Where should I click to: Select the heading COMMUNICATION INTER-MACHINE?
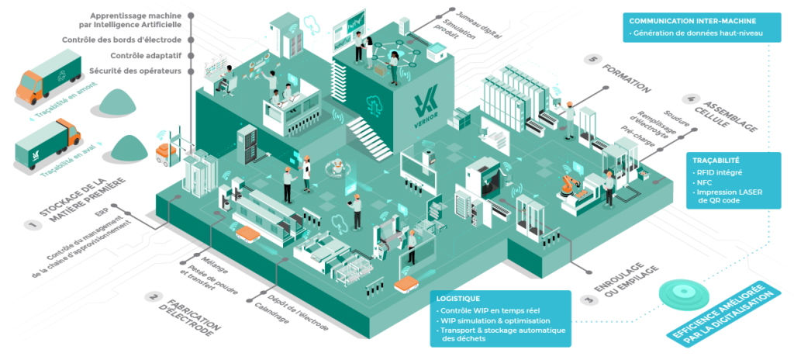click(x=692, y=21)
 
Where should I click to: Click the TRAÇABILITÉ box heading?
click(x=716, y=160)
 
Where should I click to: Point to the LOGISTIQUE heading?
click(x=458, y=299)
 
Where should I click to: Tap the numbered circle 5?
click(x=594, y=59)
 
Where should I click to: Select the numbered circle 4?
click(x=689, y=99)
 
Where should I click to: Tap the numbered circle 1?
click(x=32, y=226)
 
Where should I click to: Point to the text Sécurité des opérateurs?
click(x=136, y=71)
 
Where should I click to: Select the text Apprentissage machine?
click(x=136, y=16)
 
